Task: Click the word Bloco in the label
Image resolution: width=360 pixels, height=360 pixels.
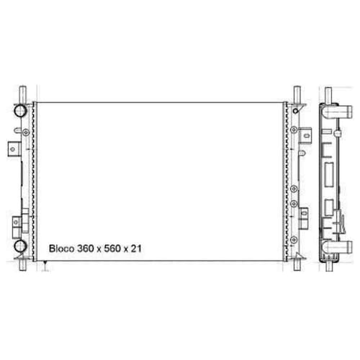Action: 61,248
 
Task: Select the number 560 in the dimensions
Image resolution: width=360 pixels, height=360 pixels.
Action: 112,248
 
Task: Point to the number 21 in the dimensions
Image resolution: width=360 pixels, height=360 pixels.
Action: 136,248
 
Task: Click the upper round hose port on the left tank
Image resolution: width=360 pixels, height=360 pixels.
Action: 20,111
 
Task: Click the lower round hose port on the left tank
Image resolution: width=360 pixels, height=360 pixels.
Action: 20,246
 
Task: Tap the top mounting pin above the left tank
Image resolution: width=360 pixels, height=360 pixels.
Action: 22,95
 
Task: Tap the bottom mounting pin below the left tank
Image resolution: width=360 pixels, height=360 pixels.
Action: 22,265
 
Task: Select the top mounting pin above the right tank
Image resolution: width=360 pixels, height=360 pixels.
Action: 297,95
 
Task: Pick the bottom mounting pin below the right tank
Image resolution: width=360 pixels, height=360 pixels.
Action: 297,265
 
